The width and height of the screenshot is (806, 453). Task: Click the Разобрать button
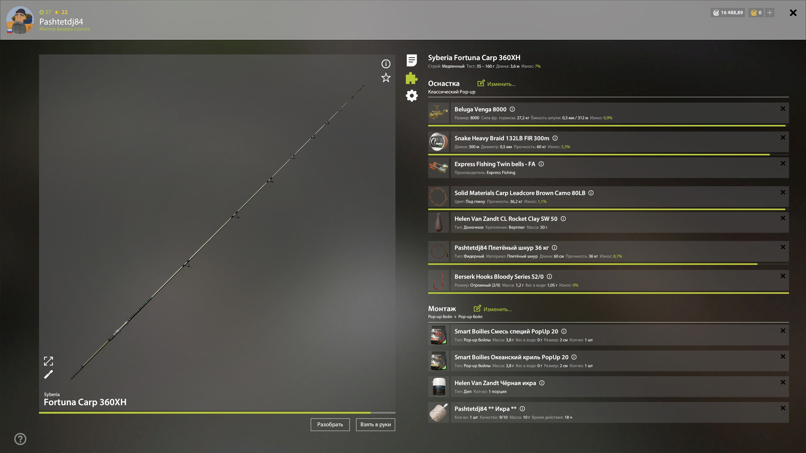click(330, 424)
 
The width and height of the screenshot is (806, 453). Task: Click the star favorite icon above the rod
click(386, 78)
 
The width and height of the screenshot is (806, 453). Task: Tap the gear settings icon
click(412, 96)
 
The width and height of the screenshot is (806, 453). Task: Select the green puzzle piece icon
click(412, 78)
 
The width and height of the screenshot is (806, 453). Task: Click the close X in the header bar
click(793, 13)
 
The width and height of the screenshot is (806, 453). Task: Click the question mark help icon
click(20, 439)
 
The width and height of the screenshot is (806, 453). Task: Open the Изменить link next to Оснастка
click(496, 84)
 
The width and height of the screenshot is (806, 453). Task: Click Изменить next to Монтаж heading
click(492, 309)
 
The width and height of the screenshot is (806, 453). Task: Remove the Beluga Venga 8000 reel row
click(783, 109)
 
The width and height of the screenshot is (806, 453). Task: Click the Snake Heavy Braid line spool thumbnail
click(439, 142)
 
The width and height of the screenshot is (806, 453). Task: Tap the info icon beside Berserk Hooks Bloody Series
click(549, 277)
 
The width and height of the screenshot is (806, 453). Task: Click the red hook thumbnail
click(439, 280)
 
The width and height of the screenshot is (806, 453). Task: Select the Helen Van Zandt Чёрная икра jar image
click(439, 387)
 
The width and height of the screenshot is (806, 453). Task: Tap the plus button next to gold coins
click(769, 13)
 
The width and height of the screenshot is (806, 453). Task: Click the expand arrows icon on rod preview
click(48, 361)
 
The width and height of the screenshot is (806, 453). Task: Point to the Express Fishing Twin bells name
click(495, 164)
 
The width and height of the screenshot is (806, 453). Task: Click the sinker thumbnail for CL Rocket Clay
click(439, 222)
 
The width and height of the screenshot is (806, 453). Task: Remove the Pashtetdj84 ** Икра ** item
click(783, 408)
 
